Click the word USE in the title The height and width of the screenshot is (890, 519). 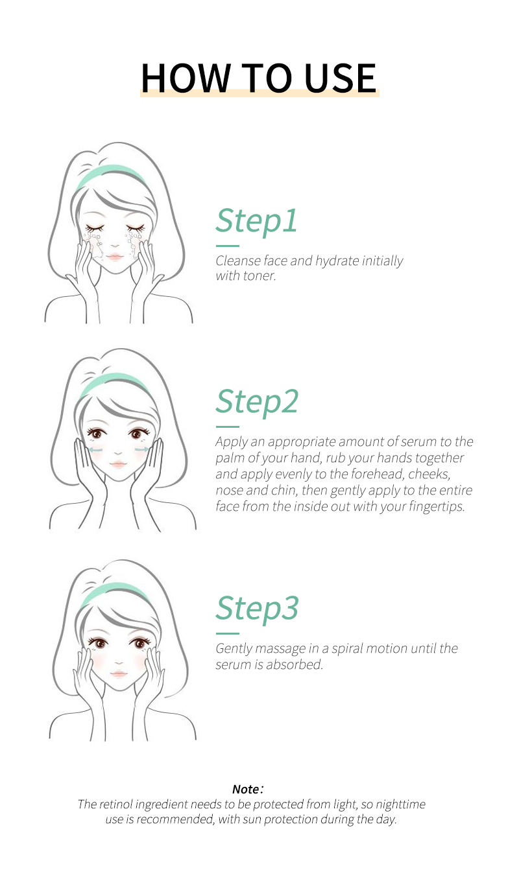(x=340, y=78)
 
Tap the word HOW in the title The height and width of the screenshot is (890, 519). (x=186, y=78)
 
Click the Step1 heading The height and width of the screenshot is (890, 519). (x=256, y=221)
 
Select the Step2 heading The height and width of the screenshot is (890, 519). (x=257, y=402)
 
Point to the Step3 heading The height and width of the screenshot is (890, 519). (x=257, y=609)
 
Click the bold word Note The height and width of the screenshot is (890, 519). (x=246, y=789)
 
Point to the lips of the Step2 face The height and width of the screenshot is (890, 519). (x=118, y=464)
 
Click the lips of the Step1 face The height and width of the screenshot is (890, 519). (x=115, y=257)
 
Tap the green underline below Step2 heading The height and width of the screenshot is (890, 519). (x=228, y=427)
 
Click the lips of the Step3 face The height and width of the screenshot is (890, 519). (x=119, y=673)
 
